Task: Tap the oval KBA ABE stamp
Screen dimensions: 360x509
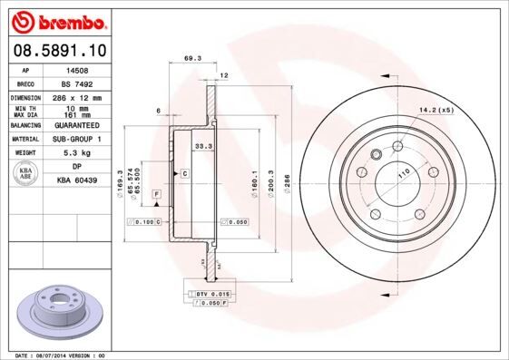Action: coord(26,174)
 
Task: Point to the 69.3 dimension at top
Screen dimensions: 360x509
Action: coord(192,58)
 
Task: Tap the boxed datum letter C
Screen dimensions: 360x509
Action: coord(184,172)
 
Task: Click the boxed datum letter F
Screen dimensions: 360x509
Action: coord(156,195)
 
